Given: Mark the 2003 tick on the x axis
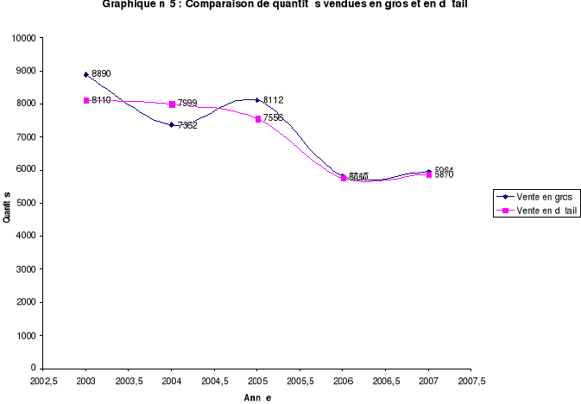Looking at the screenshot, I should (x=86, y=380).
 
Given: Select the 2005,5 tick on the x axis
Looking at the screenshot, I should (x=300, y=380).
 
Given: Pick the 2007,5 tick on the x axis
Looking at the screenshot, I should (x=471, y=380).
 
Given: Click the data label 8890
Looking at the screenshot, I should (x=101, y=74).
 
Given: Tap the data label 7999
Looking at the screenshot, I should (x=187, y=104).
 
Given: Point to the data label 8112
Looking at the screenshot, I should (x=273, y=100).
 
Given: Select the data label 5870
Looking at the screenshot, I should (x=444, y=175).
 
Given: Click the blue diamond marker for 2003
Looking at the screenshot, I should (x=86, y=75).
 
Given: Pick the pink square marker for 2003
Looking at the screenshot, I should (x=86, y=100).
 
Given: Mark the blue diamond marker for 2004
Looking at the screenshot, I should (x=172, y=124).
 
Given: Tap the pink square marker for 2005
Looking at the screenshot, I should (x=257, y=119).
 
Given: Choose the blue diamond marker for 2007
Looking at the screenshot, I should (x=428, y=172).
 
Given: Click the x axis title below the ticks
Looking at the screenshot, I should (x=256, y=398).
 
